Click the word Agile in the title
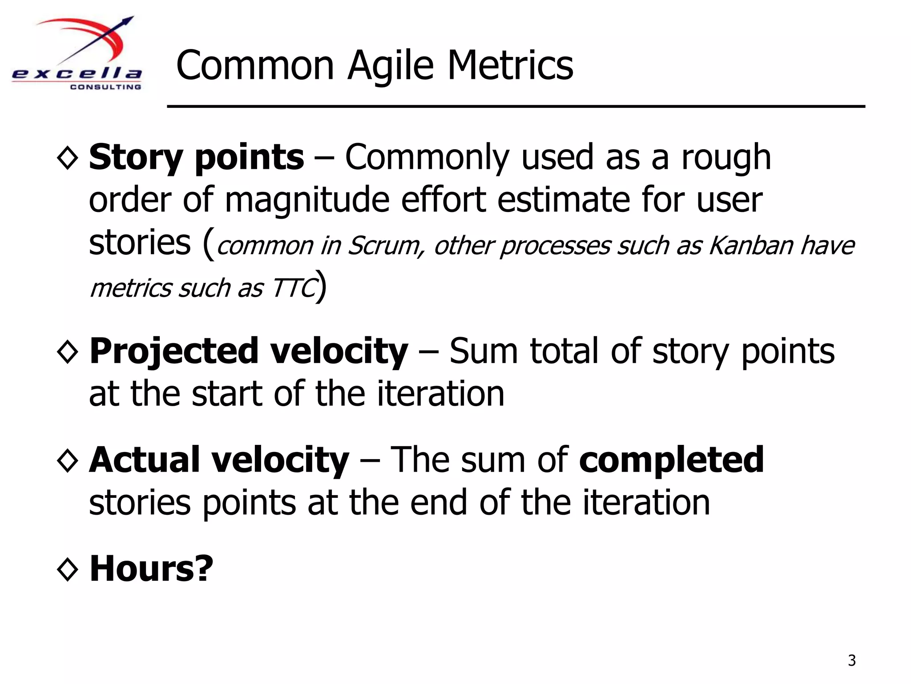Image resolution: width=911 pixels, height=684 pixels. (x=390, y=66)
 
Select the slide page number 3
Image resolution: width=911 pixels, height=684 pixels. (x=851, y=660)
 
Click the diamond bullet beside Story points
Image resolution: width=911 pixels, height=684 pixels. (x=68, y=158)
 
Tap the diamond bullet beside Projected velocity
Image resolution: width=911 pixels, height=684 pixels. (x=68, y=352)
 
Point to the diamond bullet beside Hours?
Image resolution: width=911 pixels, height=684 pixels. (x=68, y=570)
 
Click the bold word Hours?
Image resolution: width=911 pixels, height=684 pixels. (x=151, y=569)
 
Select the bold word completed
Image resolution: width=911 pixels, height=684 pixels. (x=671, y=460)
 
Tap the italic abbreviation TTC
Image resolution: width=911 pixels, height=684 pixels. (x=294, y=288)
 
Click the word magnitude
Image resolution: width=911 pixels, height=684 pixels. (x=307, y=200)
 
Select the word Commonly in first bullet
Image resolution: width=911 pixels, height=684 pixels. (x=427, y=158)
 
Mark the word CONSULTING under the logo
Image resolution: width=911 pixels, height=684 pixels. (x=105, y=87)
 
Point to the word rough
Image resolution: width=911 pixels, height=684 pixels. (x=726, y=158)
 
